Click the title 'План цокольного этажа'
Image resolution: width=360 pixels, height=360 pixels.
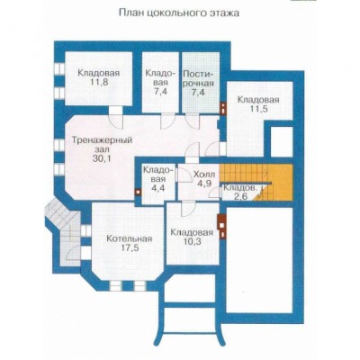(x=179, y=13)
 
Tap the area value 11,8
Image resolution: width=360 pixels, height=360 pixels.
(x=98, y=82)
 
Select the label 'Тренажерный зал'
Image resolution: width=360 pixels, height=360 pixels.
(x=102, y=145)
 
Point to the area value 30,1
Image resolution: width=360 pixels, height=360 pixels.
(x=102, y=158)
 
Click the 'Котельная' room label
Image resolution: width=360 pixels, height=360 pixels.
(x=130, y=238)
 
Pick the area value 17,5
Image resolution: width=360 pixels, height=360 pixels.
(x=129, y=248)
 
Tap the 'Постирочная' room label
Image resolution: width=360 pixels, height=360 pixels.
(x=198, y=78)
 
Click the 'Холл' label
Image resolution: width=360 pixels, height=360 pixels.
(x=204, y=174)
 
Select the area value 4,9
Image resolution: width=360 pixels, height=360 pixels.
(x=204, y=184)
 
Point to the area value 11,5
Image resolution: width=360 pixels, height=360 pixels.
(x=258, y=109)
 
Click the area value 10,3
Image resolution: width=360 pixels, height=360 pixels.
(x=192, y=242)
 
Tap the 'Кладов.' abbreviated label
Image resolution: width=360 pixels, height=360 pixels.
(x=240, y=188)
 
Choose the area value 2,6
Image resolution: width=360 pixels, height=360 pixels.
(x=240, y=197)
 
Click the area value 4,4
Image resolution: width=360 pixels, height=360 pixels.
(x=158, y=189)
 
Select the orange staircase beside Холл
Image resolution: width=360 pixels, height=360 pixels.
(x=256, y=182)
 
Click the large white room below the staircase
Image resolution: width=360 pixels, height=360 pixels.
(x=259, y=260)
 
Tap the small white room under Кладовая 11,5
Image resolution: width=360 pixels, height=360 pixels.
(x=282, y=141)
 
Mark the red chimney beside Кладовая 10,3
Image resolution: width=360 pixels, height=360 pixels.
(x=221, y=226)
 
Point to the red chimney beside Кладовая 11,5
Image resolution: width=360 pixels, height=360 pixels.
(x=223, y=109)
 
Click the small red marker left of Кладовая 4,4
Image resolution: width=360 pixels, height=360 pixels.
(x=138, y=192)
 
